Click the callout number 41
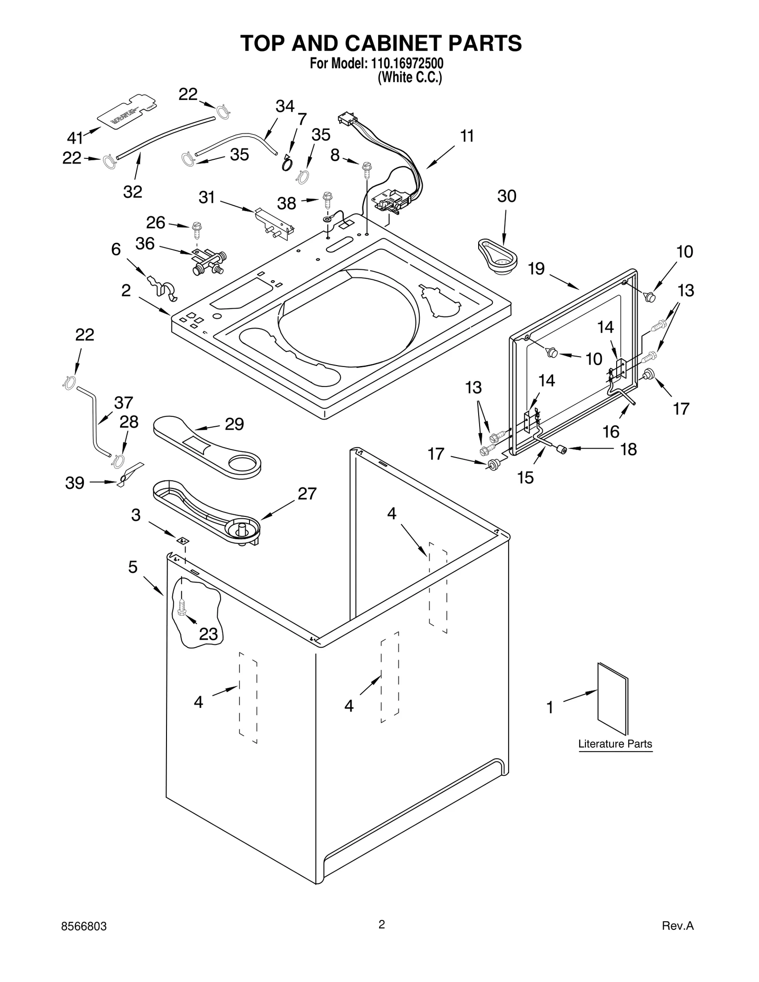pyautogui.click(x=74, y=138)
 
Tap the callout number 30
pyautogui.click(x=507, y=196)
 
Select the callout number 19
pyautogui.click(x=536, y=269)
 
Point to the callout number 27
pyautogui.click(x=307, y=494)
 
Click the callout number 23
pyautogui.click(x=208, y=633)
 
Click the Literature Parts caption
pyautogui.click(x=615, y=743)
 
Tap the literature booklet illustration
pyautogui.click(x=612, y=699)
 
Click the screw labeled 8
pyautogui.click(x=366, y=167)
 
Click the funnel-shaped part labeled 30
pyautogui.click(x=497, y=256)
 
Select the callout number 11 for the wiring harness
pyautogui.click(x=467, y=137)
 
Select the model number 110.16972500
pyautogui.click(x=405, y=64)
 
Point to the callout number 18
pyautogui.click(x=629, y=449)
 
